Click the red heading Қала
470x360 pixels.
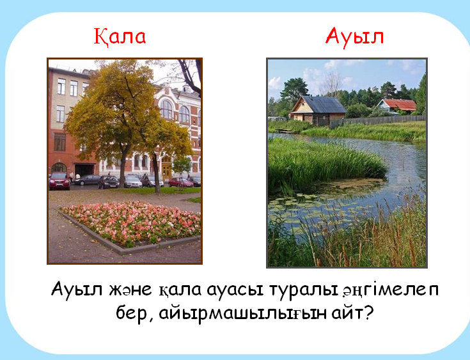click(120, 37)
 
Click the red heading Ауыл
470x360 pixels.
click(355, 37)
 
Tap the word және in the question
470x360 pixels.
click(130, 290)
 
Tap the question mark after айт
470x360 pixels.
click(368, 312)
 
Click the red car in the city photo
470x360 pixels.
click(59, 181)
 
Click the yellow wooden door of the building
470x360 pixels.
click(166, 169)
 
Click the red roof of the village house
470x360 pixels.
click(399, 105)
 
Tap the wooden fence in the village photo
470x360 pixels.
click(378, 121)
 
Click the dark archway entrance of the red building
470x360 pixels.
click(84, 169)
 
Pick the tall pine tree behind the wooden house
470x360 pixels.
click(295, 91)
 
